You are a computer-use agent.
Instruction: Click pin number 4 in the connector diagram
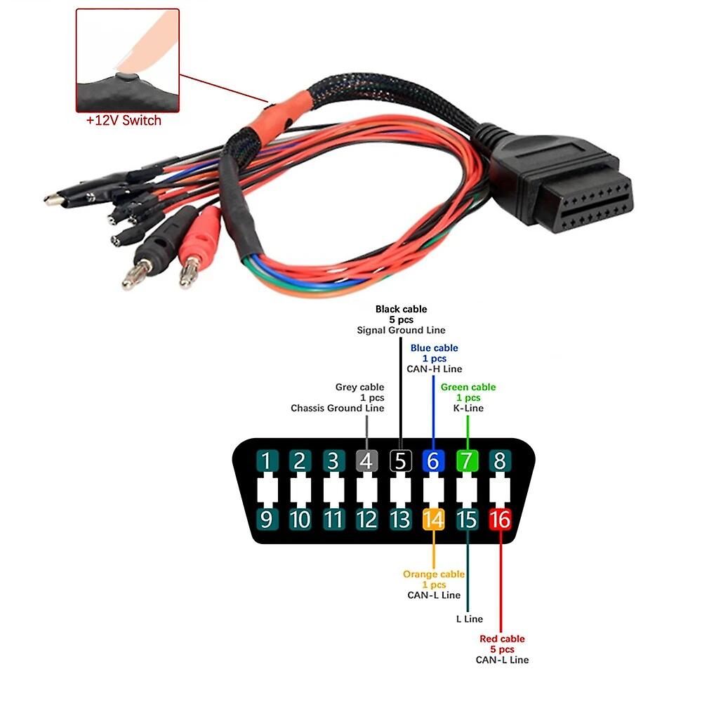point(366,461)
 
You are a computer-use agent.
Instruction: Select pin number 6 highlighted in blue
point(433,461)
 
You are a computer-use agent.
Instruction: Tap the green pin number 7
point(467,461)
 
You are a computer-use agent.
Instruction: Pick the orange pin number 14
point(433,519)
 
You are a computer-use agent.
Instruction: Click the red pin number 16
point(500,519)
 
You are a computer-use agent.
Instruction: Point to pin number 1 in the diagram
point(266,461)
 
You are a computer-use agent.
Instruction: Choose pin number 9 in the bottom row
point(266,519)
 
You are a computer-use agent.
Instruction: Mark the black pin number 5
point(400,461)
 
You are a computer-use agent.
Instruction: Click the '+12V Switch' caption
point(124,120)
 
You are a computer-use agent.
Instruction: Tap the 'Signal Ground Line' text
point(401,330)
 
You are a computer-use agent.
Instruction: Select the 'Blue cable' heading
point(434,347)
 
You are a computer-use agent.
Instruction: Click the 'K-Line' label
point(468,408)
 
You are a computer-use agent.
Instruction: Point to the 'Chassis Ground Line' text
point(338,408)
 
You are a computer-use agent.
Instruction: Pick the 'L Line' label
point(469,618)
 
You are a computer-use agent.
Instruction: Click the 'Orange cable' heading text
point(434,574)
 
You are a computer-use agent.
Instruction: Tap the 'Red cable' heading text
point(502,639)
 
